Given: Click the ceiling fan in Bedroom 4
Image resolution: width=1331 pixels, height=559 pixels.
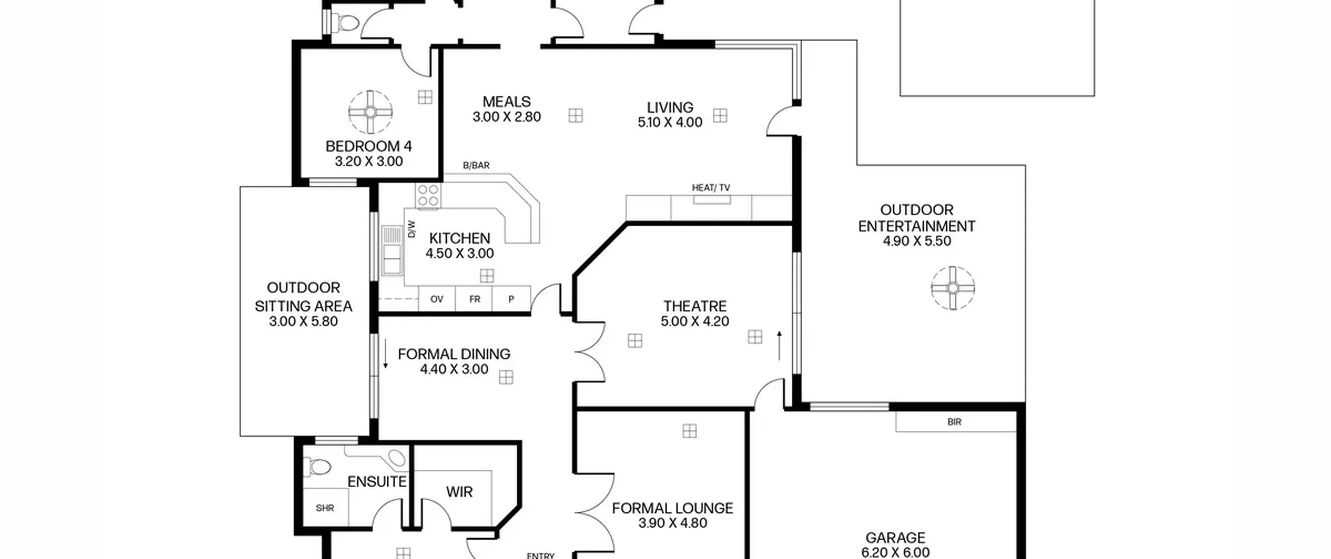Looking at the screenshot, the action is click(x=370, y=112).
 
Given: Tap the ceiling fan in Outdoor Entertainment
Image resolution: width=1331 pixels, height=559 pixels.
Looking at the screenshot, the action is click(x=952, y=288).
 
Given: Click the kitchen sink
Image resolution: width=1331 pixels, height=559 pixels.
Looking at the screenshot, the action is click(x=392, y=251).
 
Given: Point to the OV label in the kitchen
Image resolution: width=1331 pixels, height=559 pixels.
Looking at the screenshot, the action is click(x=437, y=299).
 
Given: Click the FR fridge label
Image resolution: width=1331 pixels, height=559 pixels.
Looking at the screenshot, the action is click(x=475, y=299).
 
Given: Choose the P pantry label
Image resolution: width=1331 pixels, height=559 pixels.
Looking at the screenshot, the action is click(x=511, y=299).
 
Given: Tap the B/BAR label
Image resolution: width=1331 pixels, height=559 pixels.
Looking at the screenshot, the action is click(x=476, y=165).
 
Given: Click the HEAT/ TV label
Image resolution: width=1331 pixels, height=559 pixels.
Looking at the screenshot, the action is click(x=711, y=188).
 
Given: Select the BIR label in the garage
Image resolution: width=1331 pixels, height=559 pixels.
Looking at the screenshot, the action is click(x=955, y=422).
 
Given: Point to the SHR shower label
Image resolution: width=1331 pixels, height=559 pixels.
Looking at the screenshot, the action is click(x=325, y=508).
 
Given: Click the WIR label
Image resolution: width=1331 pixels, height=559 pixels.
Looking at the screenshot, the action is click(x=459, y=492).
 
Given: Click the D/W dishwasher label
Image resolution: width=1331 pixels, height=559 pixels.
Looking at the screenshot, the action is click(x=412, y=229).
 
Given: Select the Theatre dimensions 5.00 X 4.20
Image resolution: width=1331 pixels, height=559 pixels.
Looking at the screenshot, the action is click(x=695, y=321).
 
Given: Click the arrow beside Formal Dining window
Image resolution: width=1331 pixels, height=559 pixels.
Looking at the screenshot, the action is click(x=385, y=354).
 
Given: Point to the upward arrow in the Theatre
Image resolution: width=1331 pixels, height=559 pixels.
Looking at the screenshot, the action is click(x=779, y=345).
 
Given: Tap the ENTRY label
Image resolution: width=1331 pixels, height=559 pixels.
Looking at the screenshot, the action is click(x=541, y=555).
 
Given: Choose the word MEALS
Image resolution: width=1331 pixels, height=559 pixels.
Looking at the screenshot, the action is click(x=506, y=101).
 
